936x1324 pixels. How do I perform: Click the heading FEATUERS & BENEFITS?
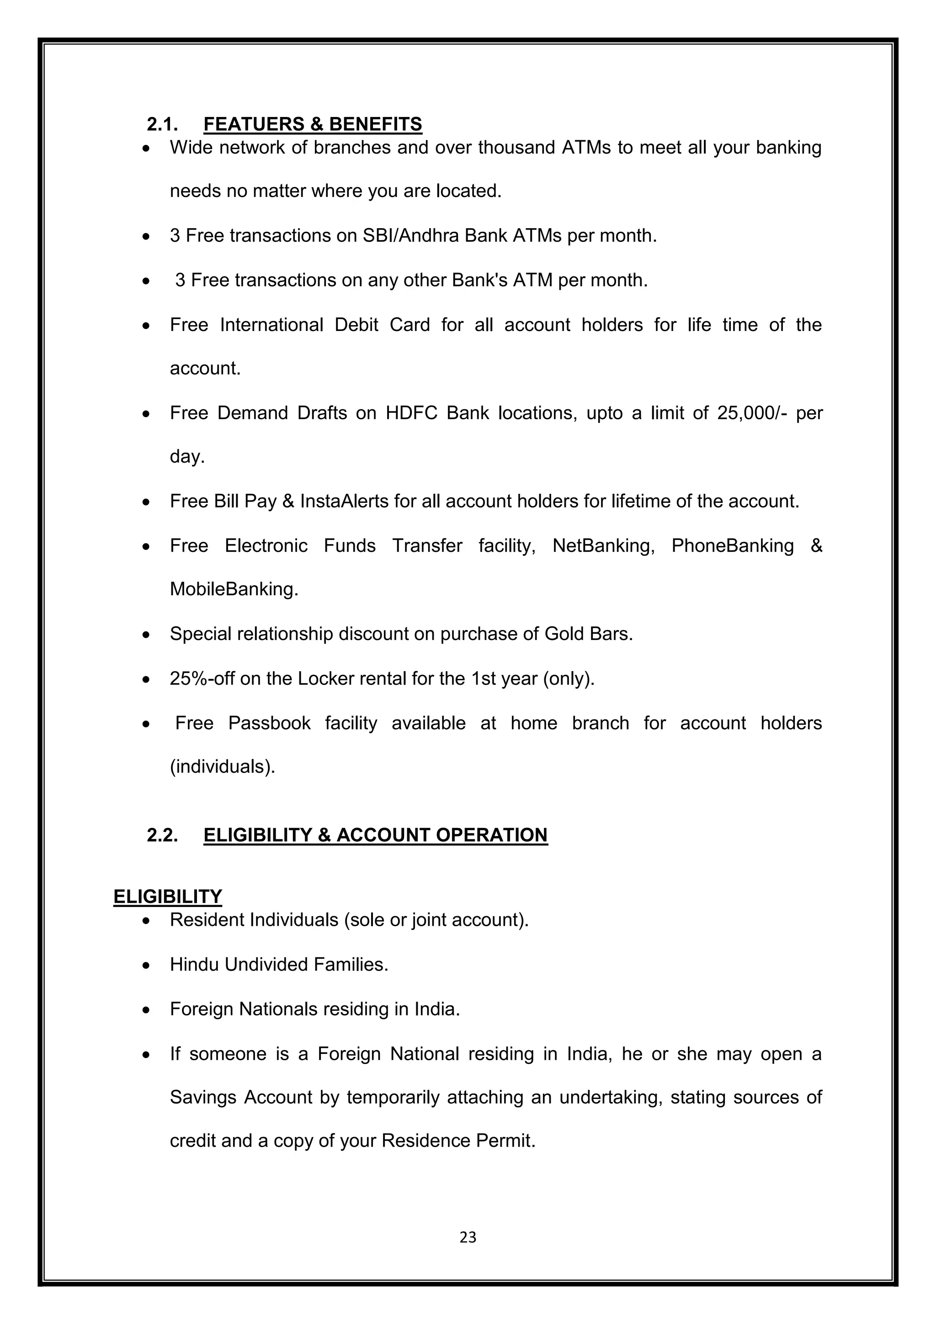(313, 124)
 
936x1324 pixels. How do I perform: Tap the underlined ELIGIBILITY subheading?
(168, 897)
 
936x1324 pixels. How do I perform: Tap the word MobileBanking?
(234, 589)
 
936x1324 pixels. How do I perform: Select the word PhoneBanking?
(732, 545)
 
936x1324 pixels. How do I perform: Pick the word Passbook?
(269, 723)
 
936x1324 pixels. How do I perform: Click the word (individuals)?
(223, 767)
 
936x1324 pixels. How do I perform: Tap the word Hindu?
(195, 965)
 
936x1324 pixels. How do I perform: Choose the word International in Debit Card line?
(271, 325)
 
